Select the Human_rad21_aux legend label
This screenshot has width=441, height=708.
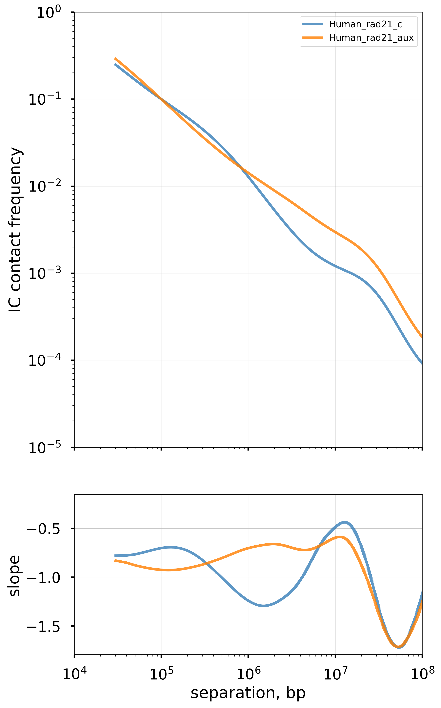pos(371,38)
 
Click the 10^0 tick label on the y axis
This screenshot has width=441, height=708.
pos(49,13)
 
